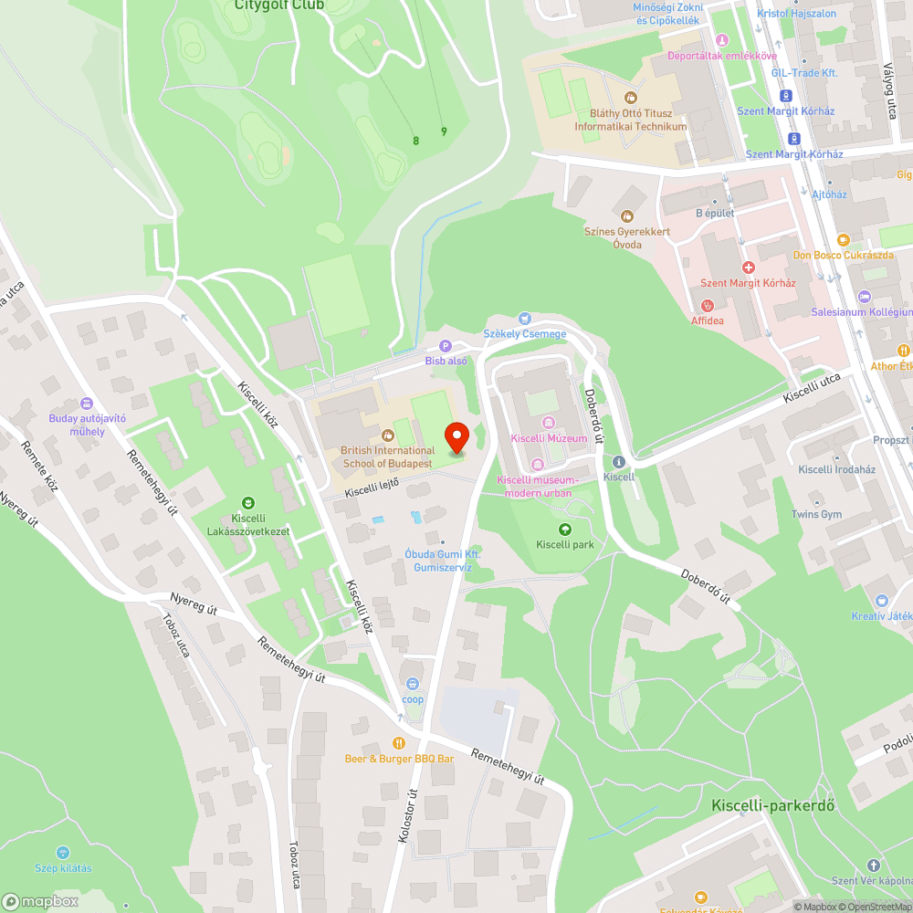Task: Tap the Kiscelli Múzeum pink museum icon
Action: [x=549, y=422]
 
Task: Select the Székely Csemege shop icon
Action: [x=524, y=318]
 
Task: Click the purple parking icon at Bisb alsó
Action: [x=446, y=345]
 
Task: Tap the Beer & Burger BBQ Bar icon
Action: [x=399, y=743]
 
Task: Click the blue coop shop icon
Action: [x=413, y=683]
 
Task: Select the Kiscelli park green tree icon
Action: [x=565, y=529]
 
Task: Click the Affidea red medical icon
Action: [x=707, y=305]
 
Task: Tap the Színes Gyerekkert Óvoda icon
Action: [x=626, y=215]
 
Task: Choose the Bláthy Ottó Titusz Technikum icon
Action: [x=630, y=98]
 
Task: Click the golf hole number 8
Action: [x=416, y=141]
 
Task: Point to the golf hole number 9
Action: [x=444, y=131]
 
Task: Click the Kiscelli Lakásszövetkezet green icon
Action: [x=247, y=502]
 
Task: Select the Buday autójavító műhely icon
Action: [x=87, y=403]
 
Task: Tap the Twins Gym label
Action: [x=816, y=515]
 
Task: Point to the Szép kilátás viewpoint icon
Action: [x=64, y=853]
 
